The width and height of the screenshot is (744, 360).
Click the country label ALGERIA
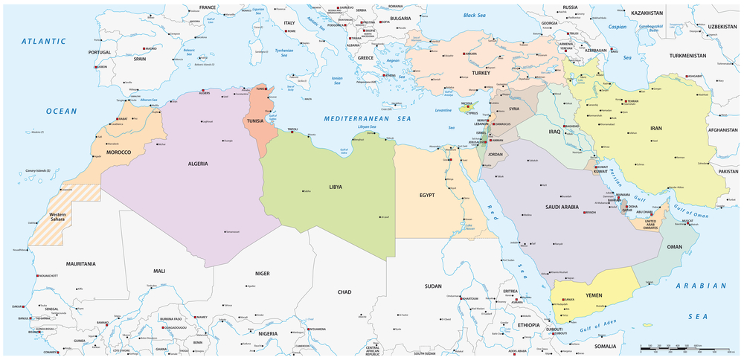[197, 163]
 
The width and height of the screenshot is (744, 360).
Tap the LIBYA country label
[336, 187]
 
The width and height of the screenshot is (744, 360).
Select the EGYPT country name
[427, 195]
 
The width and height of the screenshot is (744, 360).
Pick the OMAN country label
[675, 246]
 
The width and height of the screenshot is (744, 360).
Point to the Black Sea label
[479, 15]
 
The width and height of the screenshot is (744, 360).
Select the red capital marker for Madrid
[143, 48]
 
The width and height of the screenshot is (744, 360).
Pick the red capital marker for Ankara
[465, 54]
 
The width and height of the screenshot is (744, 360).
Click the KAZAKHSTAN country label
[647, 13]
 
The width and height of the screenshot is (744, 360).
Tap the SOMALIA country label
[605, 346]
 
